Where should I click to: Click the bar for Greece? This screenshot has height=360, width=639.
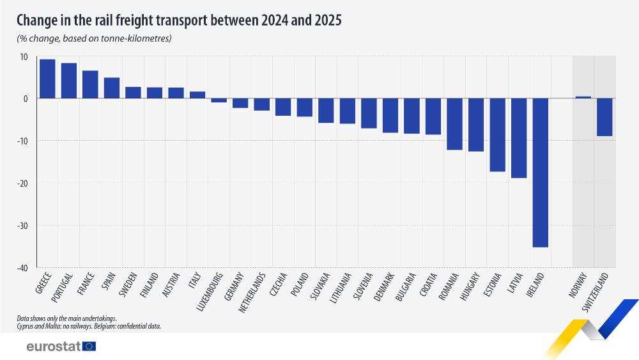47,79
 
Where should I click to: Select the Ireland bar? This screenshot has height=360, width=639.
541,173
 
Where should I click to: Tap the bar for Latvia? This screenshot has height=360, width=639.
519,138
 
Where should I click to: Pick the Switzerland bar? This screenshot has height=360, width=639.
604,117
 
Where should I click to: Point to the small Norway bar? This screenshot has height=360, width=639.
583,97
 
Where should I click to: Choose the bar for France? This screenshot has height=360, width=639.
90,84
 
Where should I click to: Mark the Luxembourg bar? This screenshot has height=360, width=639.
219,100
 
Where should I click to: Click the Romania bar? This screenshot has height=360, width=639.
454,124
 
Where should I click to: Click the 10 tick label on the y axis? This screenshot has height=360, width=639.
24,57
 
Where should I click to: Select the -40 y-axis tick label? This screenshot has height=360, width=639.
22,268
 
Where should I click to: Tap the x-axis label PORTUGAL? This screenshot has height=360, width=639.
62,288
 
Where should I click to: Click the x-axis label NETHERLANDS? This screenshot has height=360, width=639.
252,292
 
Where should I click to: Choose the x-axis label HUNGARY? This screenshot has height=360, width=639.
470,286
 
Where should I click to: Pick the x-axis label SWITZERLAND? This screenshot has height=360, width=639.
595,292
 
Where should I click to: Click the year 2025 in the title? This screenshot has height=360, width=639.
328,20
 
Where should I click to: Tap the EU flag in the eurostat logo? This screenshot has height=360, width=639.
89,347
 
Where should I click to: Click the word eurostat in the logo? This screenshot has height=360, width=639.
54,347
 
